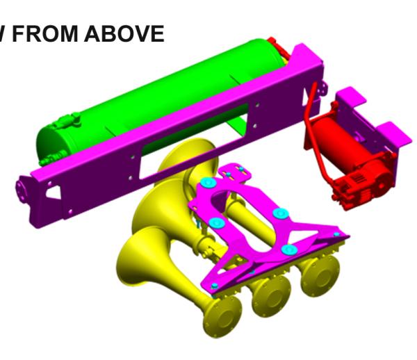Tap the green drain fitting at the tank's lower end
point(45,161)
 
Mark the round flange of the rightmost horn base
point(318,272)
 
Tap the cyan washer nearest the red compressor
point(279,213)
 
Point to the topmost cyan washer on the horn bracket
point(206,183)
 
